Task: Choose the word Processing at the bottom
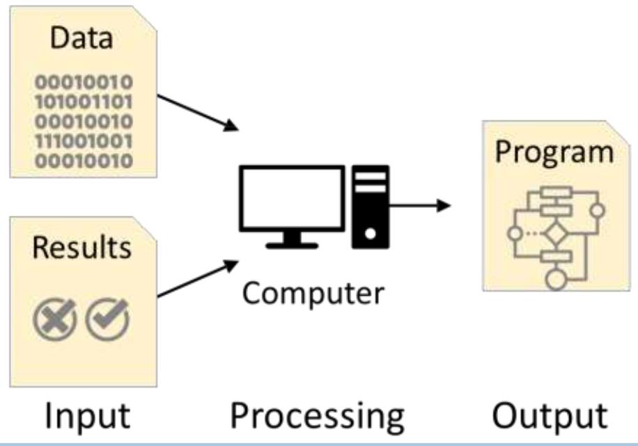point(318,415)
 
